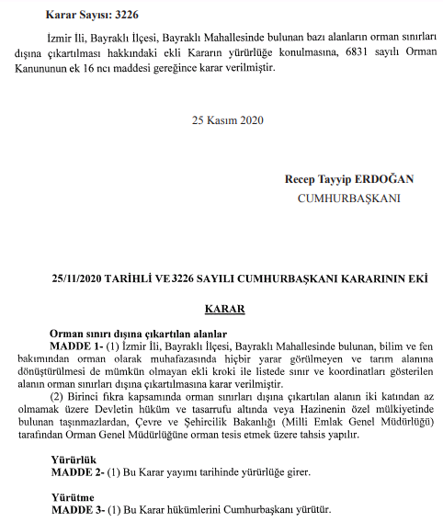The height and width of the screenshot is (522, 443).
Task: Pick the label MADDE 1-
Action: tap(76, 346)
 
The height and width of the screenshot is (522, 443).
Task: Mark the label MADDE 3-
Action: tap(76, 509)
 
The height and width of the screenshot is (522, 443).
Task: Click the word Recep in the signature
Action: tap(303, 179)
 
